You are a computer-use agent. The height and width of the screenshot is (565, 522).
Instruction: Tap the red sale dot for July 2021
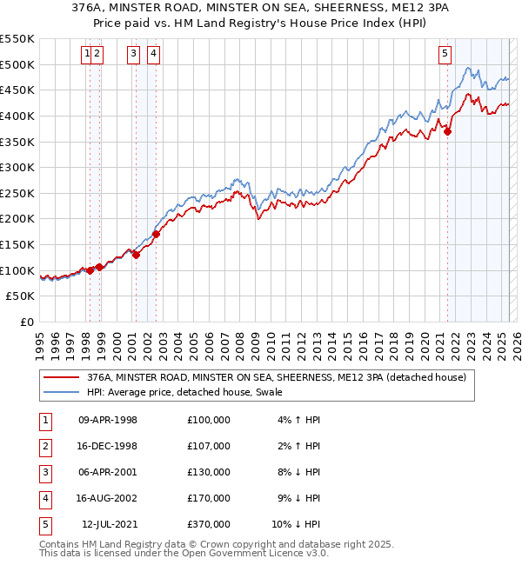(x=448, y=131)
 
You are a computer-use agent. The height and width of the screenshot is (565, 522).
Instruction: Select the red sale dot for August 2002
(x=157, y=234)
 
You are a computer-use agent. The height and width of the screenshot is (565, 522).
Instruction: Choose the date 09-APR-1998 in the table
(x=108, y=420)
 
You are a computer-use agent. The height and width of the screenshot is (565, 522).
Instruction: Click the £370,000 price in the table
(x=209, y=524)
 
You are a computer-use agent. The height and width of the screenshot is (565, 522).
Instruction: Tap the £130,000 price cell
(x=209, y=472)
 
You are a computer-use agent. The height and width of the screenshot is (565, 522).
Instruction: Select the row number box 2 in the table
(x=44, y=446)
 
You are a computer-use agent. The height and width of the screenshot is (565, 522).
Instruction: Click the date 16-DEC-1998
(x=108, y=446)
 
